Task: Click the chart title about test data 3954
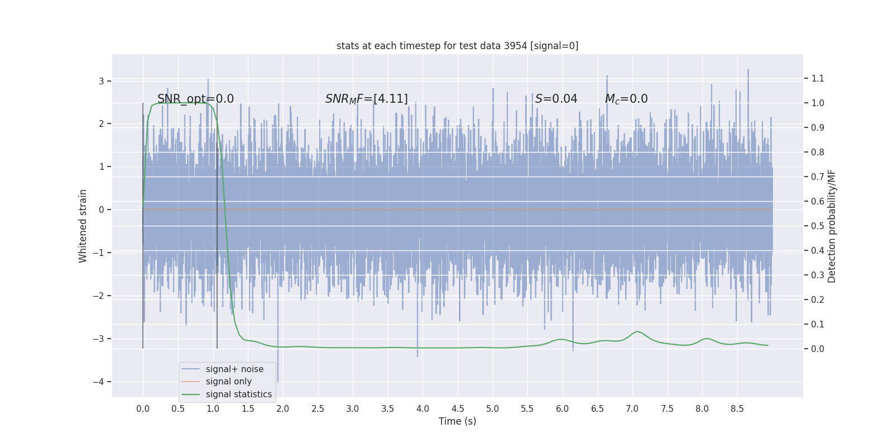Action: (x=457, y=46)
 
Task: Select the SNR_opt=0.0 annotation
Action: (x=195, y=99)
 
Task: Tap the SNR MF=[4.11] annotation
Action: (x=366, y=99)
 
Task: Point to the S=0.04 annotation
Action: (x=556, y=99)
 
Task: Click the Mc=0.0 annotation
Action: (x=626, y=99)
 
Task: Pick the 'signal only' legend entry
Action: (x=228, y=382)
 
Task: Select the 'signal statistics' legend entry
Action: (x=238, y=394)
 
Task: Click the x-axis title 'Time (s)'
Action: (x=457, y=421)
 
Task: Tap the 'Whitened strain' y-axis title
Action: (x=83, y=226)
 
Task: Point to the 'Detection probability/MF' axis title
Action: (x=832, y=226)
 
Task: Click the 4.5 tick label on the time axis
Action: (x=458, y=408)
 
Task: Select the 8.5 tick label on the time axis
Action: (x=737, y=408)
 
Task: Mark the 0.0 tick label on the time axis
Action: (x=143, y=408)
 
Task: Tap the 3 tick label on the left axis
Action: (x=102, y=81)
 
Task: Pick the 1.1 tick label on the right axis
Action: (x=818, y=78)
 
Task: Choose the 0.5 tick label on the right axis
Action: (x=818, y=226)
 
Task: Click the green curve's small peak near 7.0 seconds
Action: (x=637, y=331)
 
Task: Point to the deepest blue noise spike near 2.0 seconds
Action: (x=278, y=381)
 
